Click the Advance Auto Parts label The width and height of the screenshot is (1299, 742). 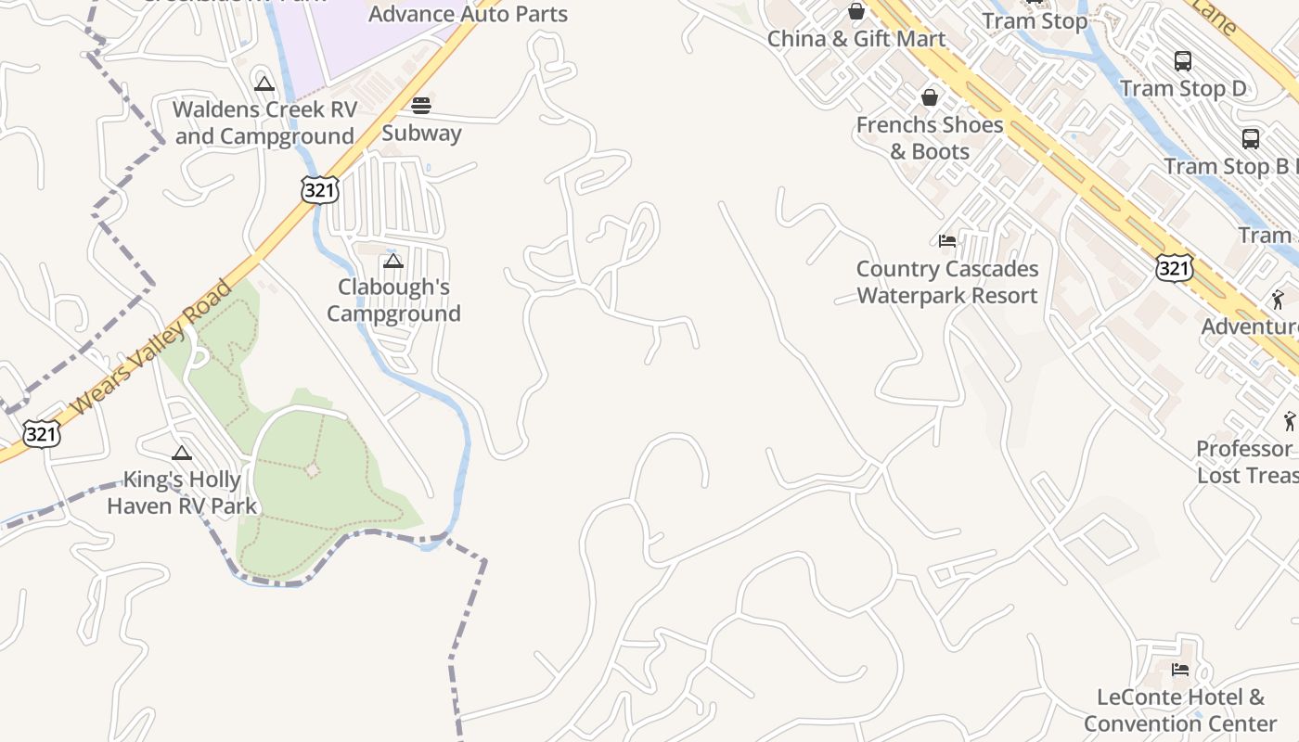click(468, 14)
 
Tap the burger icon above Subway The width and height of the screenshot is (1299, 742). click(421, 105)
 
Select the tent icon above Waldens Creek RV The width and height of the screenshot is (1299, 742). click(264, 84)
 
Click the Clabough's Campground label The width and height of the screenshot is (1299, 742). click(393, 300)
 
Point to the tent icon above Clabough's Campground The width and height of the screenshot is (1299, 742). click(393, 262)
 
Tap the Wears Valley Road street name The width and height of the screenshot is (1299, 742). click(151, 348)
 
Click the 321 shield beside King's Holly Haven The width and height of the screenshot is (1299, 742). click(43, 433)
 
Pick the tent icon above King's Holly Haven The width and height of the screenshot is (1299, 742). click(182, 454)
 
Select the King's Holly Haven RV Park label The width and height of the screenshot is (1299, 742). click(181, 493)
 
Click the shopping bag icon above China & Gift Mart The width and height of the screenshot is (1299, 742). click(855, 12)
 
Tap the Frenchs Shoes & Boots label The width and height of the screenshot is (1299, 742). click(930, 137)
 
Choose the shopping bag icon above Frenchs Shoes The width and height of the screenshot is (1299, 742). click(929, 97)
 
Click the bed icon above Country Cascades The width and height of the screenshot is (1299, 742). click(946, 241)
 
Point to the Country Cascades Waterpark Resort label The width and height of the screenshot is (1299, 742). click(946, 282)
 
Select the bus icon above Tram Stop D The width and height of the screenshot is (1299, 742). click(1183, 61)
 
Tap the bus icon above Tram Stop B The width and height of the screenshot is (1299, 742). click(1251, 139)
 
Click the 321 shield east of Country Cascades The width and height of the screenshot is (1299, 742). click(1174, 268)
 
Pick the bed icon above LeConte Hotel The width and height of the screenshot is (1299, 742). click(1180, 669)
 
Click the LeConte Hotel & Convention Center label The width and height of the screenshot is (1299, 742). click(1180, 710)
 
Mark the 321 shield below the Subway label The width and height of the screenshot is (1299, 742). click(319, 190)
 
